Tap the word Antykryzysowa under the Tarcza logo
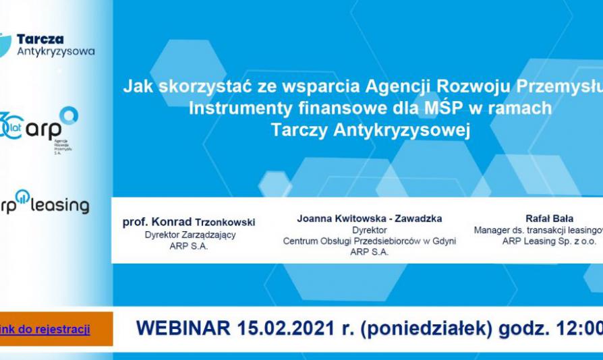55,51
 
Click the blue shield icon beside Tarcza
5,44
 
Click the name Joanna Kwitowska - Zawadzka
369,218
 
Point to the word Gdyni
442,241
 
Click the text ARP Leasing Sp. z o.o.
549,241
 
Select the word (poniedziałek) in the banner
418,328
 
